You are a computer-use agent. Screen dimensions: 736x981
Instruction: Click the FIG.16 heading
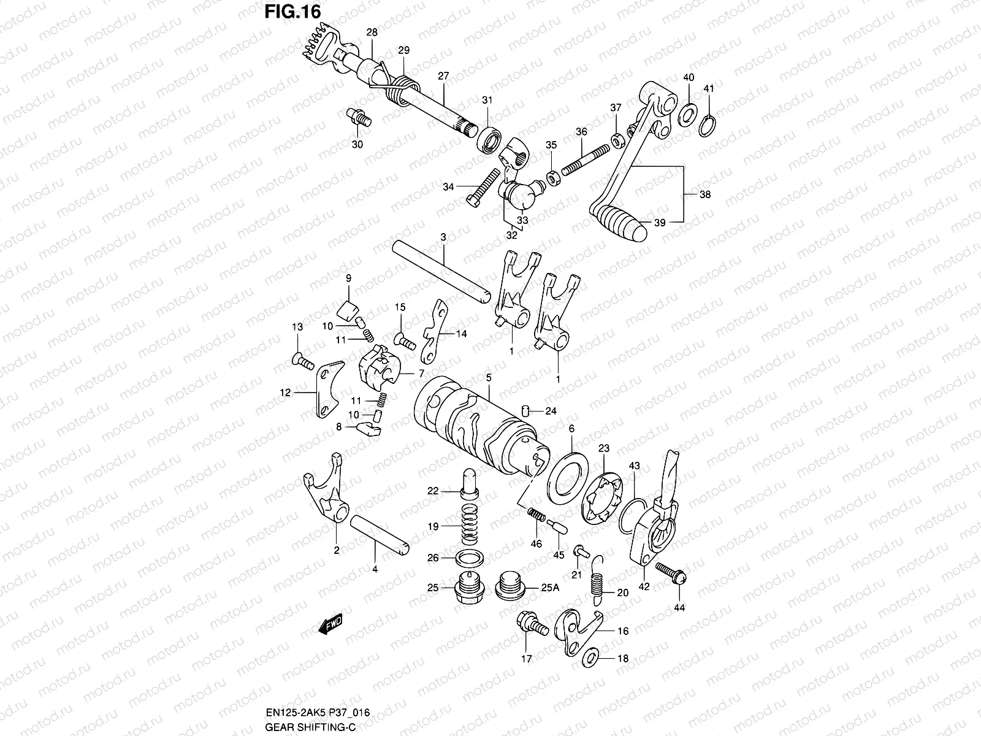point(292,12)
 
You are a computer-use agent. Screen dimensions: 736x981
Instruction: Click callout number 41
point(709,89)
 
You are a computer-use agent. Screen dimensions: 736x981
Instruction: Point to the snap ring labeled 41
point(709,125)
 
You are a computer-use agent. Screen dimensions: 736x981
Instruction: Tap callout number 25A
point(550,588)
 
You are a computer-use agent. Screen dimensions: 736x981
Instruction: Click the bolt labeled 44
point(671,573)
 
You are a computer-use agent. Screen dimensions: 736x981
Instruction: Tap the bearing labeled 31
point(489,140)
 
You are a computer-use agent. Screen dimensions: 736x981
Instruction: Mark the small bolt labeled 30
point(359,117)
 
